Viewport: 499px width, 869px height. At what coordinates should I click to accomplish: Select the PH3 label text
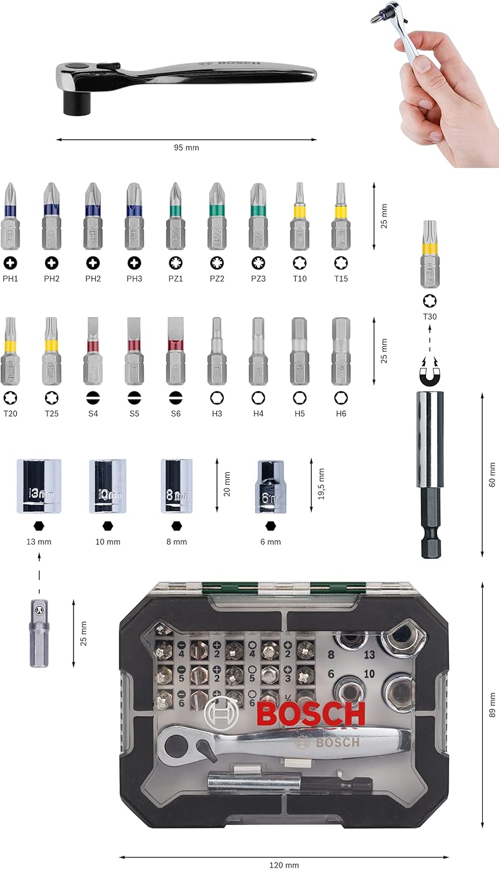(x=134, y=279)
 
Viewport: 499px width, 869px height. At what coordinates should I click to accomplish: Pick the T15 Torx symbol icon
(x=341, y=263)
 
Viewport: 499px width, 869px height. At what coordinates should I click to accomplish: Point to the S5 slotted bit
(x=134, y=351)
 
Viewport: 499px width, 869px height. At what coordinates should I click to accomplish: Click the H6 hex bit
(x=341, y=351)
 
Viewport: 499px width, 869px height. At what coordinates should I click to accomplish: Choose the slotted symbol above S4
(x=93, y=398)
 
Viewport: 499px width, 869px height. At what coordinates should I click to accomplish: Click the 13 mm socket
(x=39, y=486)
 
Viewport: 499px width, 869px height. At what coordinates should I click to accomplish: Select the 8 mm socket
(x=177, y=486)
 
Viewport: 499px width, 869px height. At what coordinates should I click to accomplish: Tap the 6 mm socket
(x=270, y=487)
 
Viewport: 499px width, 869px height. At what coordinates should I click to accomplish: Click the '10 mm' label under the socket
(x=108, y=542)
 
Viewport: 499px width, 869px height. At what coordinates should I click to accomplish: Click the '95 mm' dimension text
(x=186, y=148)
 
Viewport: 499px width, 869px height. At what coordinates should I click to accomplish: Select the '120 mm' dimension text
(x=284, y=865)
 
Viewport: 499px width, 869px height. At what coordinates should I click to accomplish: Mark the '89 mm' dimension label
(x=492, y=705)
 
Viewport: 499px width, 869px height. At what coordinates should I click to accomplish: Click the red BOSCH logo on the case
(x=311, y=714)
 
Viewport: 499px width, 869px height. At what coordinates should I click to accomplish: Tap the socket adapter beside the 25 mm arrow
(x=39, y=633)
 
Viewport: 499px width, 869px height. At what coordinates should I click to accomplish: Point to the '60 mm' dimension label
(x=492, y=474)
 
